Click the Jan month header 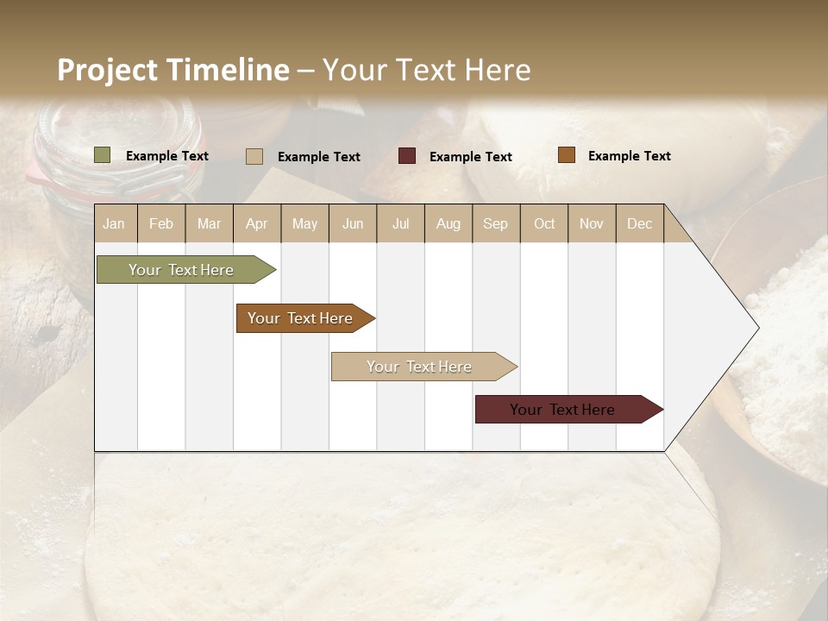pyautogui.click(x=115, y=224)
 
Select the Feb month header pyautogui.click(x=161, y=224)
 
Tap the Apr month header pyautogui.click(x=257, y=224)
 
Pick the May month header pyautogui.click(x=304, y=224)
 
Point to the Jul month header pyautogui.click(x=401, y=224)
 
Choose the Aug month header pyautogui.click(x=448, y=224)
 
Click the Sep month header pyautogui.click(x=496, y=224)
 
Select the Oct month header pyautogui.click(x=544, y=224)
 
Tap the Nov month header pyautogui.click(x=592, y=224)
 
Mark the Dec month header pyautogui.click(x=640, y=224)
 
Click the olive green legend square pyautogui.click(x=103, y=155)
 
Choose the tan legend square pyautogui.click(x=254, y=156)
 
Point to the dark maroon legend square pyautogui.click(x=407, y=156)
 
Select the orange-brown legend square pyautogui.click(x=567, y=155)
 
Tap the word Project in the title pyautogui.click(x=109, y=70)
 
